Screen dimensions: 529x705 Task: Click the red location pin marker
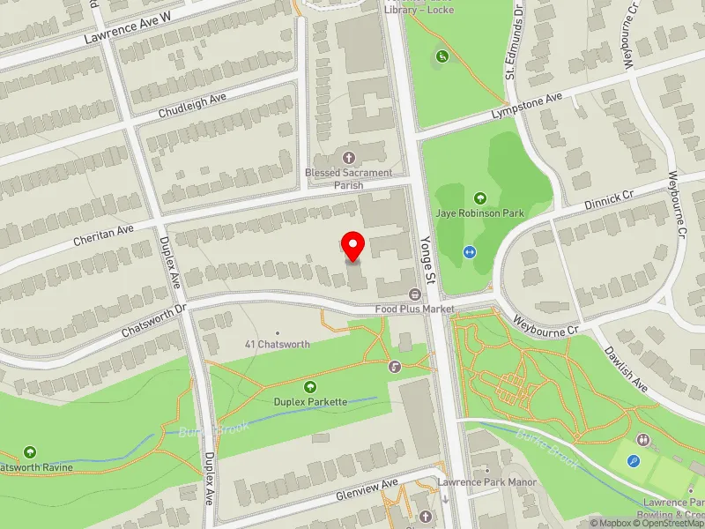(353, 246)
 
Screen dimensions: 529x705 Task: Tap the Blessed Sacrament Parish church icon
(351, 158)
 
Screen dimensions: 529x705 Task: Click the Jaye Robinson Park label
(479, 212)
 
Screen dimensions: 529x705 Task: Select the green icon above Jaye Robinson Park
(479, 197)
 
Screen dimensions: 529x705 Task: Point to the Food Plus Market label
(414, 309)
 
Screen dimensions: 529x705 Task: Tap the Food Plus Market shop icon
(413, 294)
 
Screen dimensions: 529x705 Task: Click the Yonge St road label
(428, 264)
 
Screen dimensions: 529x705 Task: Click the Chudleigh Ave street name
(192, 106)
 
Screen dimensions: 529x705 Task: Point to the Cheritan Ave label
(104, 232)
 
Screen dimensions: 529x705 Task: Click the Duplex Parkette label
(310, 401)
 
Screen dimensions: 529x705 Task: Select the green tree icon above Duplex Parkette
(310, 386)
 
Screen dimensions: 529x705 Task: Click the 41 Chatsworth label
(277, 344)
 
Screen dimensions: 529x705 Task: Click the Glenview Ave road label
(368, 490)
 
